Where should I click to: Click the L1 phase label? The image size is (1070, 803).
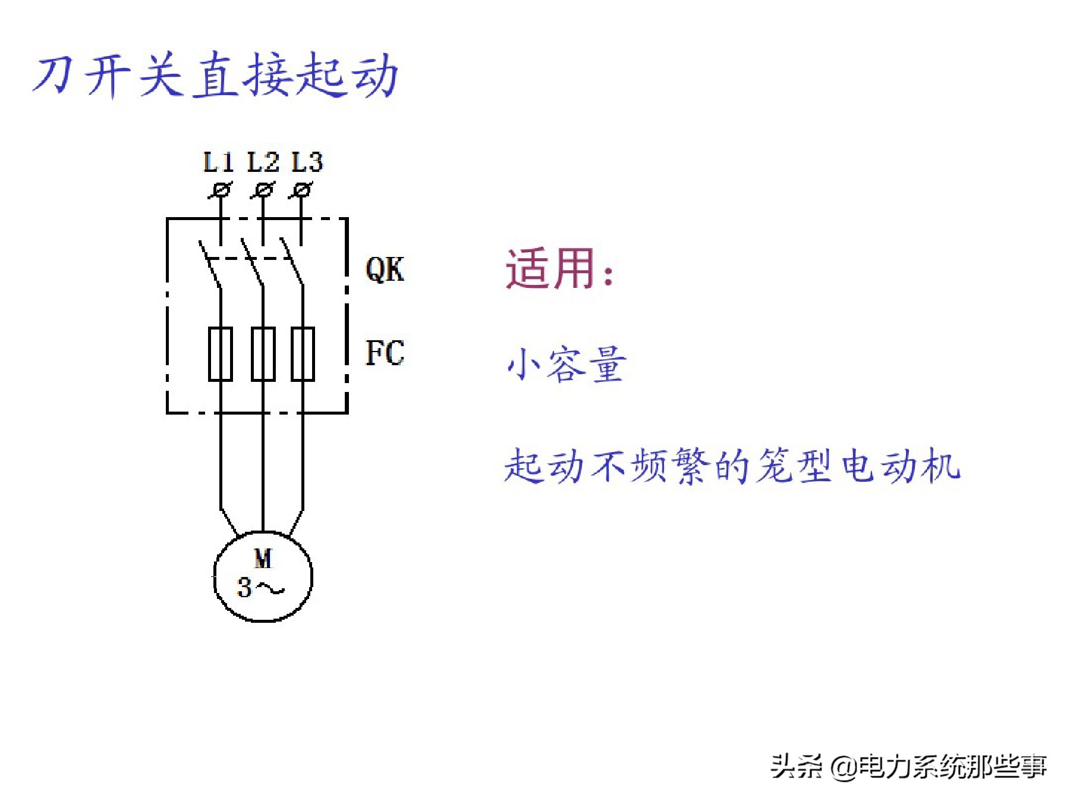pos(218,162)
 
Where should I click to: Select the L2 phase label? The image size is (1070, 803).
pos(263,162)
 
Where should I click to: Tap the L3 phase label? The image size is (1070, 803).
pos(307,162)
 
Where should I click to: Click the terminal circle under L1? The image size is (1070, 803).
pos(222,190)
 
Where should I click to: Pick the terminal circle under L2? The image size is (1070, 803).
pos(263,190)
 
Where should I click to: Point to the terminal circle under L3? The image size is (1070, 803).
pos(303,190)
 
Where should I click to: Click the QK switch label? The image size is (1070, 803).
pos(385,269)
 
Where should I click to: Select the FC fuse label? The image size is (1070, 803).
pos(385,353)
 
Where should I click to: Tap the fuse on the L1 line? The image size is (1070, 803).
pos(221,353)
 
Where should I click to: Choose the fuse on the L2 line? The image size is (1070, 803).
pos(263,353)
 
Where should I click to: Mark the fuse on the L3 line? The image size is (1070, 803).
pos(303,353)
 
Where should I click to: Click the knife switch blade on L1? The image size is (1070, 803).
pos(210,265)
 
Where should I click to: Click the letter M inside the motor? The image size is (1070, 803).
pos(263,559)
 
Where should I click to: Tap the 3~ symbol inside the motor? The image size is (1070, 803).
pos(260,588)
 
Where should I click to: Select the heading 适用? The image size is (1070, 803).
pos(559,269)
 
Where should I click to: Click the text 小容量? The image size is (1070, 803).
pos(567,364)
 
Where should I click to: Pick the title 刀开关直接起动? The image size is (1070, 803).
pos(215,76)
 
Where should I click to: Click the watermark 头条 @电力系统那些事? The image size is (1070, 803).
pos(908,766)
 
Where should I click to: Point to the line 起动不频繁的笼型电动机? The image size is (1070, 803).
pos(732,466)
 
